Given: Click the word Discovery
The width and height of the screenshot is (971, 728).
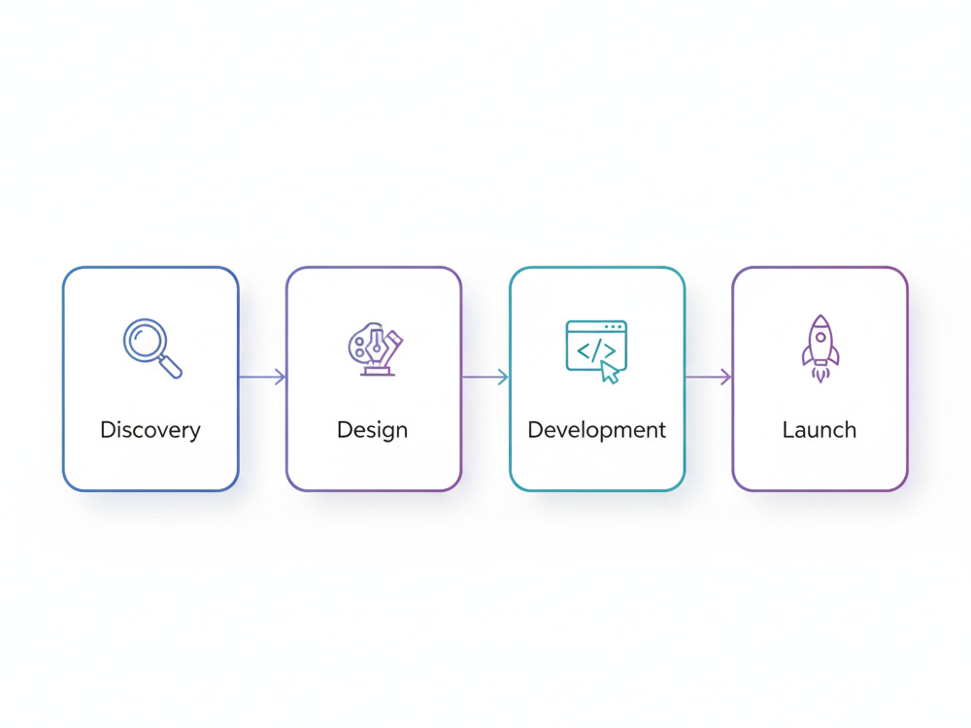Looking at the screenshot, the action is [151, 430].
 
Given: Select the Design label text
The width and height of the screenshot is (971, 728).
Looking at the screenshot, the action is [372, 430].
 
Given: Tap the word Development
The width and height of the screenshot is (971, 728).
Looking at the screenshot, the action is [596, 430].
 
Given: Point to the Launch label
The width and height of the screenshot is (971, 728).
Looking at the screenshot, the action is [820, 430].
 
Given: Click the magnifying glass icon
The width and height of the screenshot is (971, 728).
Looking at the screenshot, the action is [152, 347].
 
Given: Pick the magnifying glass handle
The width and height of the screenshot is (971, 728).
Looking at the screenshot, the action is [170, 367].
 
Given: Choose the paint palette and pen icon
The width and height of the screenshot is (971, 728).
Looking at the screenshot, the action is [375, 349].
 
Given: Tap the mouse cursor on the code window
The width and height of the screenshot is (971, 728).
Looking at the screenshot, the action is [610, 373].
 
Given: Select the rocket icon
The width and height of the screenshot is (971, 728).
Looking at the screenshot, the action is [820, 348].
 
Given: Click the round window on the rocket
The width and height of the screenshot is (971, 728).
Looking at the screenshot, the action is [820, 338].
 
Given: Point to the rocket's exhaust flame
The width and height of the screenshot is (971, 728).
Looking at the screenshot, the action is [820, 375].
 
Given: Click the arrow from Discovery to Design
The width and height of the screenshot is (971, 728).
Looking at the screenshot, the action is [262, 377].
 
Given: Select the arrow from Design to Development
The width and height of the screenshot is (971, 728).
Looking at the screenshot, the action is [485, 377].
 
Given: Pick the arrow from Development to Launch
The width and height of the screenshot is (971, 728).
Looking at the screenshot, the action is [709, 377].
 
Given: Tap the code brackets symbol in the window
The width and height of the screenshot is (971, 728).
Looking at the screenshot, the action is [596, 351].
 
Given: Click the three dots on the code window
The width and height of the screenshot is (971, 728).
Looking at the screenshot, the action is [614, 327].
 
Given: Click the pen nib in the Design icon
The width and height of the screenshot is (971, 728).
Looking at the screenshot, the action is [376, 346].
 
